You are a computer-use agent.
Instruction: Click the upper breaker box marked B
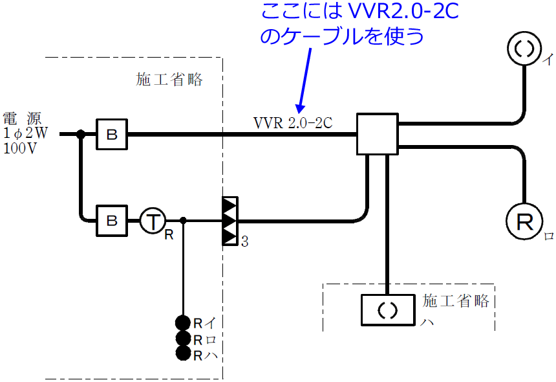[112, 134]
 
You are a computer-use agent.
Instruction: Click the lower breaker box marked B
[112, 221]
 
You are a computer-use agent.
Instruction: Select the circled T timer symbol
[153, 221]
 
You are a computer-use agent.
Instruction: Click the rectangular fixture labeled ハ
[387, 311]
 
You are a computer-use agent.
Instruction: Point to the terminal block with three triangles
[230, 221]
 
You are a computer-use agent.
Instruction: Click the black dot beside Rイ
[183, 322]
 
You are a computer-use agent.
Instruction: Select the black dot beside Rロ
[183, 338]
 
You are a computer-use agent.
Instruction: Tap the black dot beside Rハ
[183, 354]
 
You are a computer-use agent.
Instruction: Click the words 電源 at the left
[22, 118]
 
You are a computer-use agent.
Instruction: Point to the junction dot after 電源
[81, 135]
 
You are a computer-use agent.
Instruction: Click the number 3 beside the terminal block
[244, 243]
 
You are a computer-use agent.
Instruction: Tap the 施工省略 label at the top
[169, 80]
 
